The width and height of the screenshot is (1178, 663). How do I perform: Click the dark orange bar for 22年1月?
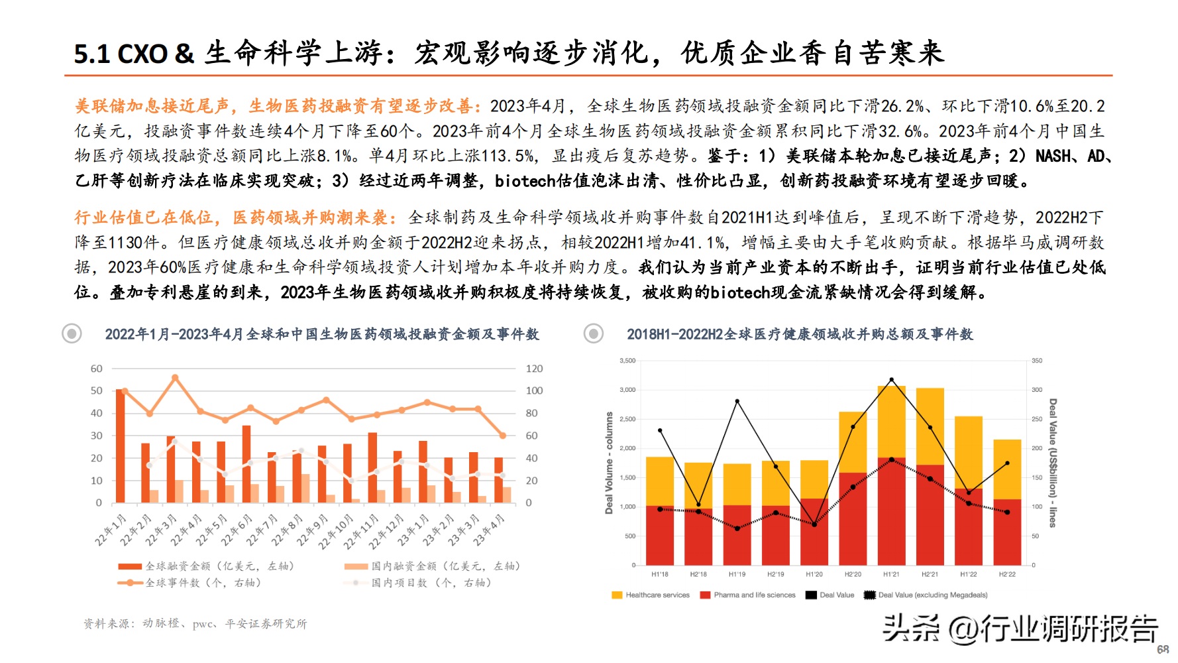(120, 446)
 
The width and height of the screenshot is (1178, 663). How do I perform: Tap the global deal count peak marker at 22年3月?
(175, 378)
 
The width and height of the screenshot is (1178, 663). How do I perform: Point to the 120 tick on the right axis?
(534, 369)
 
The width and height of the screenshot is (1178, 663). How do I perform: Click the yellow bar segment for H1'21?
(891, 422)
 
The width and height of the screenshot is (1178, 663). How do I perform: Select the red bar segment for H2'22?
(1007, 532)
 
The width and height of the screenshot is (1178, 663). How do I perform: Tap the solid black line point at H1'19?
(737, 401)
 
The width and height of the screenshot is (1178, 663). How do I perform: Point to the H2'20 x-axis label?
(853, 574)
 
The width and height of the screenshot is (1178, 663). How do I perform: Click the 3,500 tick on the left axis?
(627, 361)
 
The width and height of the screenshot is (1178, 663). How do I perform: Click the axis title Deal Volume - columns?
(609, 463)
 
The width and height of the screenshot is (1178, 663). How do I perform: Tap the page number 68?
(1163, 649)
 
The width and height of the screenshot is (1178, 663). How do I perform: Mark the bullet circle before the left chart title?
(72, 333)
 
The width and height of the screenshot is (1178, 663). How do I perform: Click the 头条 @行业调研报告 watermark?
(1020, 629)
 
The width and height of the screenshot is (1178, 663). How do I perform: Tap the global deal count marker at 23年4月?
(502, 436)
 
